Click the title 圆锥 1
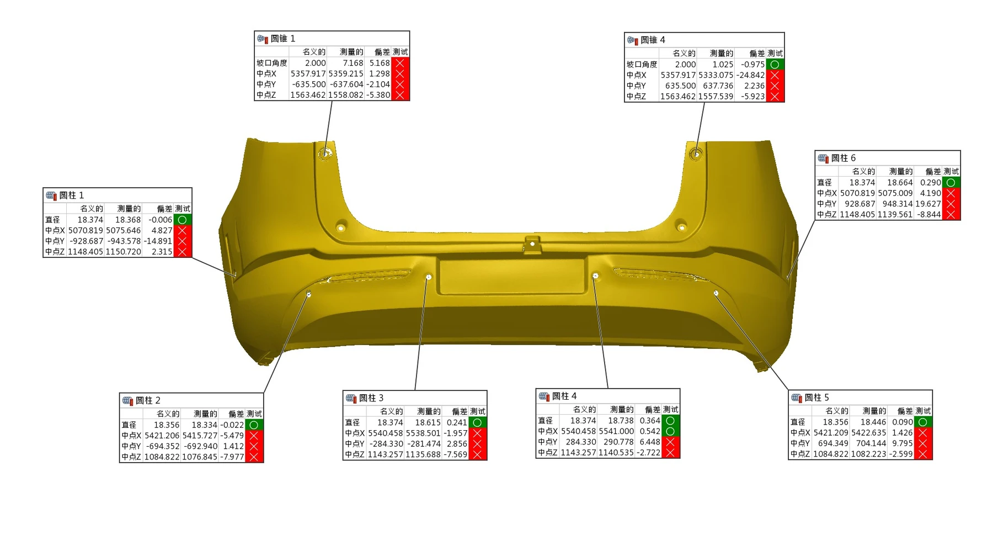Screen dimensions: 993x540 (x=282, y=39)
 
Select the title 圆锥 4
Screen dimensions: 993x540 (x=653, y=40)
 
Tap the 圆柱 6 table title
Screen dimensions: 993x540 (x=843, y=158)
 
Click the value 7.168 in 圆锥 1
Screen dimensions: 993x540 (x=353, y=63)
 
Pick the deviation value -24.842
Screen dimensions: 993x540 (x=750, y=75)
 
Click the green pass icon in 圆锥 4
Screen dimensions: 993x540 (x=775, y=65)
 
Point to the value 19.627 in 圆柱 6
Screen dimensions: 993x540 (x=928, y=204)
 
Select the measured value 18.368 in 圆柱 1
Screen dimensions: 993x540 (x=128, y=220)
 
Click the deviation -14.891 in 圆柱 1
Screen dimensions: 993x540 (x=158, y=241)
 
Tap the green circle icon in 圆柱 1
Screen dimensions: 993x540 (x=182, y=220)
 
